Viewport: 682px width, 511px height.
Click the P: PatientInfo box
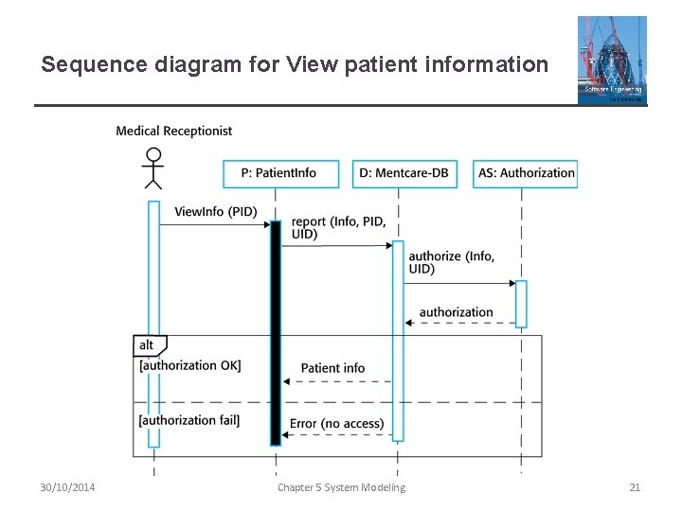278,173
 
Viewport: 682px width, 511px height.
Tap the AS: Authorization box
525,173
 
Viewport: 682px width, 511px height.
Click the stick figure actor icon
153,168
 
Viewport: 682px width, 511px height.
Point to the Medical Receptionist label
173,131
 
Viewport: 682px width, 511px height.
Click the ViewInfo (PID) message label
215,211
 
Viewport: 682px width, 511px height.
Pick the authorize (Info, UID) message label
451,262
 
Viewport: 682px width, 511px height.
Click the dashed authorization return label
456,312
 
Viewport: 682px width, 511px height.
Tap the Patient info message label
332,368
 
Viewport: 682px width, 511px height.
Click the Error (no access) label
336,424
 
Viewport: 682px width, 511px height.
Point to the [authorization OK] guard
189,365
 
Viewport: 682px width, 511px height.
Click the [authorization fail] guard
189,420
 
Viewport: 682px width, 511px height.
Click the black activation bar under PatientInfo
276,331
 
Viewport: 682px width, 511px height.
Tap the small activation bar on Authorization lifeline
521,304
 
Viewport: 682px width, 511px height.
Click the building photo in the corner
612,60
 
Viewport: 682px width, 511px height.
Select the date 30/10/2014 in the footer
67,487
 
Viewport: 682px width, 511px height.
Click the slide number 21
635,487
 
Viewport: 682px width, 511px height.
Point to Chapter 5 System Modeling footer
341,487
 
